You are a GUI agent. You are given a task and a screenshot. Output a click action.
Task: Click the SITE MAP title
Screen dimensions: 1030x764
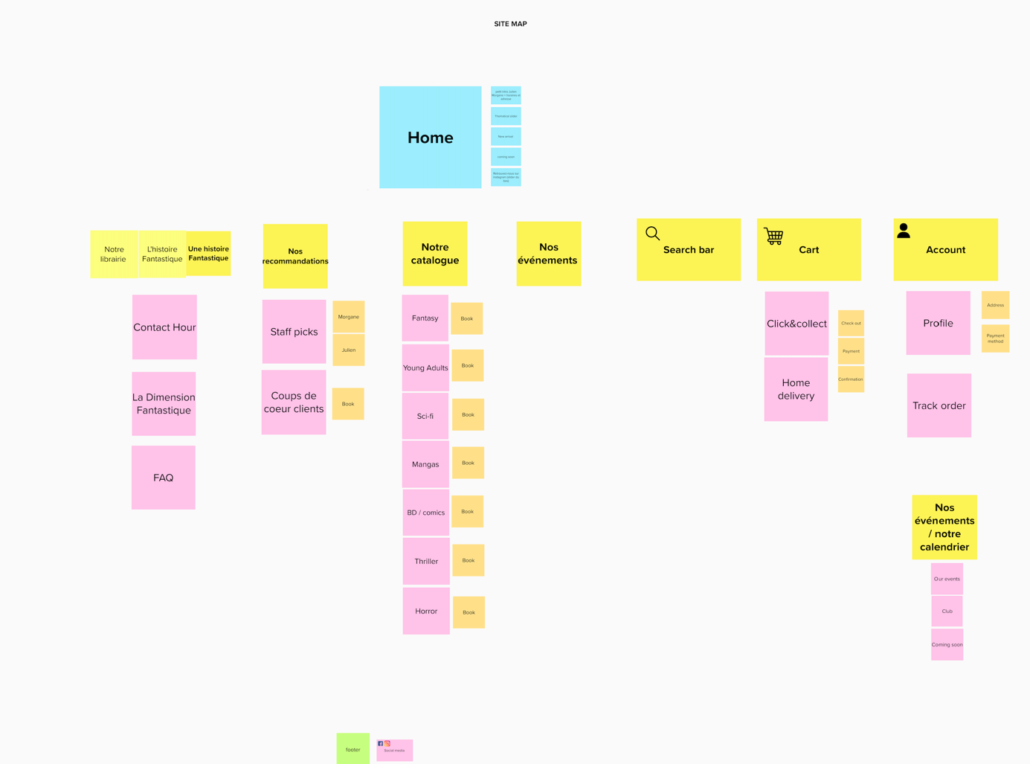tap(510, 24)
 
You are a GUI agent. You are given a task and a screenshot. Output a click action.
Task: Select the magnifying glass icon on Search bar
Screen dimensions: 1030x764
tap(652, 234)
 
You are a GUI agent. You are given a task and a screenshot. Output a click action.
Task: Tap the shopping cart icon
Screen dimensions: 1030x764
tap(773, 236)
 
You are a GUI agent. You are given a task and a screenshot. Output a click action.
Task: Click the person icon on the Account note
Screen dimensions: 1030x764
tap(904, 231)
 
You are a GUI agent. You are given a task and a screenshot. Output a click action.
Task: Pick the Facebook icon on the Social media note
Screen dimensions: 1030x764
tap(380, 743)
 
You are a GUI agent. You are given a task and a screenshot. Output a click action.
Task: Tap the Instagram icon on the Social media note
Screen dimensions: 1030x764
tap(387, 743)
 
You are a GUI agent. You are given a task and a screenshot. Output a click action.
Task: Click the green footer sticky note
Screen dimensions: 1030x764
tap(353, 748)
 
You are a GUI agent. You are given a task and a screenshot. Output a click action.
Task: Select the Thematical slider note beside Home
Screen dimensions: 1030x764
tap(506, 116)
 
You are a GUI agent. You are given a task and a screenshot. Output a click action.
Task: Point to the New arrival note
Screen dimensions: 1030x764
tap(506, 136)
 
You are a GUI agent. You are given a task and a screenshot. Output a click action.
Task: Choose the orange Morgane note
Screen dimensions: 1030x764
tap(348, 317)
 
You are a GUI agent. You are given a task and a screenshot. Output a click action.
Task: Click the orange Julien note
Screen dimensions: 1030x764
tap(348, 350)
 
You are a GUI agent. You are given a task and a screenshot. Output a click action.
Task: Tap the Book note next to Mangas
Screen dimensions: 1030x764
tap(468, 463)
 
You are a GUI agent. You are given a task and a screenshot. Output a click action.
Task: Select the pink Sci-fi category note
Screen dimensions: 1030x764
tap(425, 416)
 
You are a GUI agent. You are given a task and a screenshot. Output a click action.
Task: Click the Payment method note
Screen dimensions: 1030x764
tap(995, 338)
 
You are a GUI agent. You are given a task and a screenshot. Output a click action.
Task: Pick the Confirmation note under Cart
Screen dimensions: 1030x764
tap(851, 379)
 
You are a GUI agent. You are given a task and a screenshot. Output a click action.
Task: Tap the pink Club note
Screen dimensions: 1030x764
tap(947, 611)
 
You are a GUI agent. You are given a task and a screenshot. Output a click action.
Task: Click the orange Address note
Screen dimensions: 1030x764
tap(995, 305)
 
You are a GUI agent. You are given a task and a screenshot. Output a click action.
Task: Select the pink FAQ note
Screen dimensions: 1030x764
tap(164, 478)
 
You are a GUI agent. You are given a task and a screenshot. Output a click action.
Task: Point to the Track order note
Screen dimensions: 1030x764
tap(939, 405)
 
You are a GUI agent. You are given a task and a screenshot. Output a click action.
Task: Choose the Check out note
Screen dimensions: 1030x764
tap(851, 324)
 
